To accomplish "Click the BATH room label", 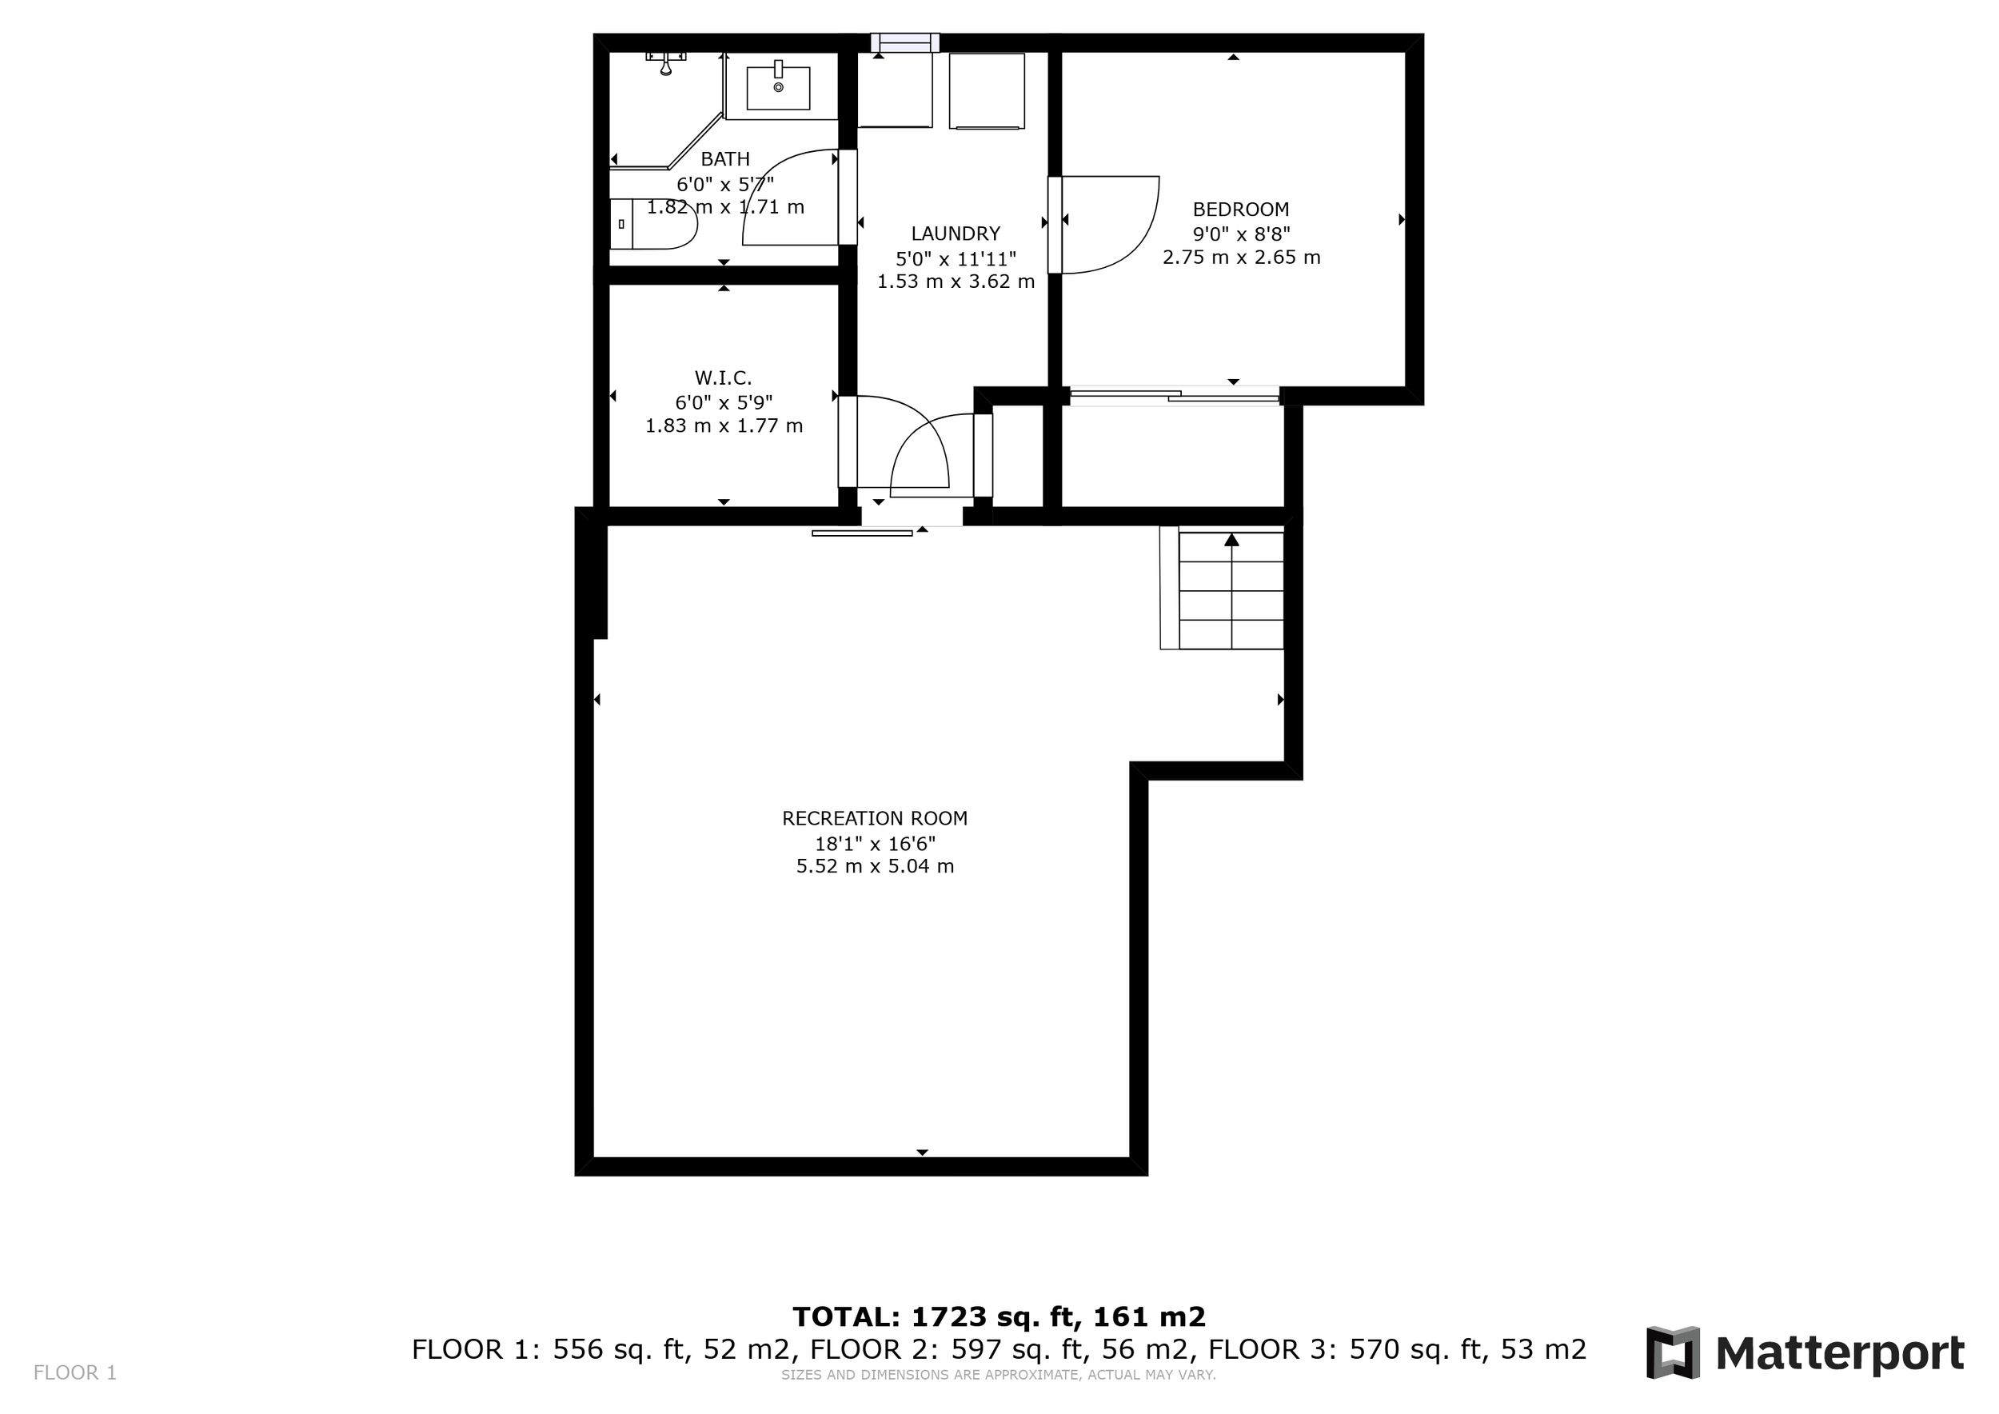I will tap(724, 158).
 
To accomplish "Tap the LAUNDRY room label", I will tap(955, 234).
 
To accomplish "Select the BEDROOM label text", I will tap(1241, 209).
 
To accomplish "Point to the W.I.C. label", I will tap(723, 377).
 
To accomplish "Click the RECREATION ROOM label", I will tap(874, 818).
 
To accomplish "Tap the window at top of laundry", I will tap(905, 42).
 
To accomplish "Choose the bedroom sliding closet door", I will tap(1175, 397).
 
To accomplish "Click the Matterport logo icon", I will tap(1672, 1353).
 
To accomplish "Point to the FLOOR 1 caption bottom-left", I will tap(75, 1373).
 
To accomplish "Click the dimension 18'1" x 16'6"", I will tap(874, 844).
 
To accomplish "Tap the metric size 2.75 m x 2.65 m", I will tap(1241, 258).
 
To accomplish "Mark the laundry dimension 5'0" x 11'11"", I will tap(955, 258).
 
